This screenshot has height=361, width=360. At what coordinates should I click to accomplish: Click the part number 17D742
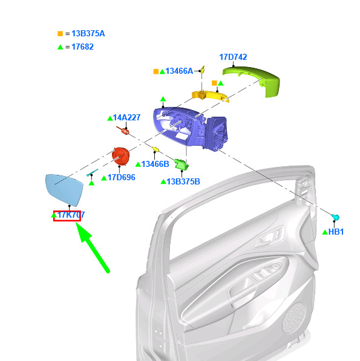[233, 57]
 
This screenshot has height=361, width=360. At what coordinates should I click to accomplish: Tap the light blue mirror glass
[64, 190]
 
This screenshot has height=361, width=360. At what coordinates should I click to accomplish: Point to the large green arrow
[93, 248]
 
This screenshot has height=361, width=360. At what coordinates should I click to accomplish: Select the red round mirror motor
[120, 157]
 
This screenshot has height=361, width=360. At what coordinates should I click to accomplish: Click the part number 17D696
[122, 178]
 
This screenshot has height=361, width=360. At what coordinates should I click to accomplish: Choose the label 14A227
[126, 118]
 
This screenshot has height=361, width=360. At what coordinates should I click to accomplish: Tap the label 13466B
[155, 164]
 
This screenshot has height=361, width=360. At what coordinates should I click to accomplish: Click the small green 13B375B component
[182, 164]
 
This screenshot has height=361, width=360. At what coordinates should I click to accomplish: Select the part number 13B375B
[183, 181]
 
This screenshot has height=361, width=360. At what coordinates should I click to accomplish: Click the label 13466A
[179, 71]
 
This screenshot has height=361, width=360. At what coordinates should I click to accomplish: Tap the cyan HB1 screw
[335, 217]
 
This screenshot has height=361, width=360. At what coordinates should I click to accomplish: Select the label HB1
[336, 232]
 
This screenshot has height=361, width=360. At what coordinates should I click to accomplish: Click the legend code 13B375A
[88, 34]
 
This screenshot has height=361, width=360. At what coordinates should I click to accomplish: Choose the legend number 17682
[82, 47]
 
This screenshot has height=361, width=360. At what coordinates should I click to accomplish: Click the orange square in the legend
[60, 34]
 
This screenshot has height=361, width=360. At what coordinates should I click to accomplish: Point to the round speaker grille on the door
[293, 317]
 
